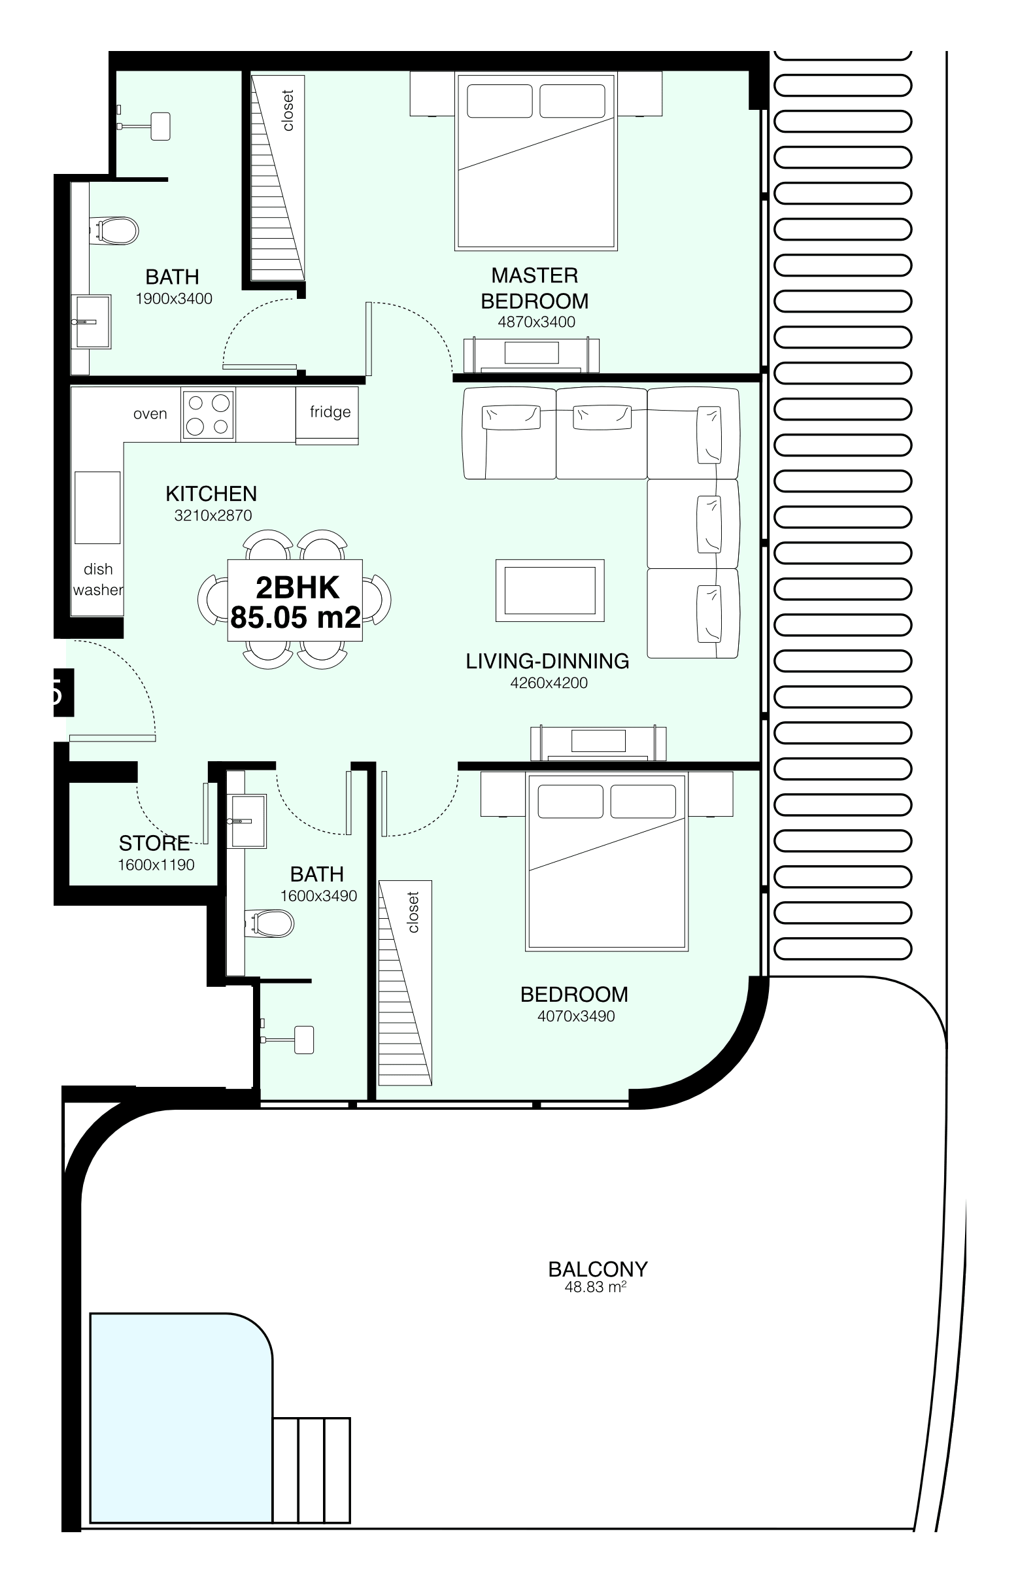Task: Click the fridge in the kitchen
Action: click(x=327, y=416)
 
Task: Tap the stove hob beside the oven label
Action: click(x=207, y=415)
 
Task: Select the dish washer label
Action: click(x=98, y=580)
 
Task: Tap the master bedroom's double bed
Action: click(x=536, y=161)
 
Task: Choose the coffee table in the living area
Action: click(x=550, y=591)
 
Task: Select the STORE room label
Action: click(x=155, y=843)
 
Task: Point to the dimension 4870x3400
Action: click(x=536, y=322)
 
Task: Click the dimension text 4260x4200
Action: click(x=549, y=683)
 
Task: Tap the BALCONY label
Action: click(x=598, y=1269)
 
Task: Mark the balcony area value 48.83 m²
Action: click(x=596, y=1286)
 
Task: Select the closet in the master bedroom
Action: click(x=278, y=177)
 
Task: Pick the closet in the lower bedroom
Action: click(x=405, y=982)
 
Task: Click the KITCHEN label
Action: click(x=211, y=494)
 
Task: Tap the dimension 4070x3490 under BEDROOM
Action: click(x=576, y=1016)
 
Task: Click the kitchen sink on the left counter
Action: click(x=98, y=507)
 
